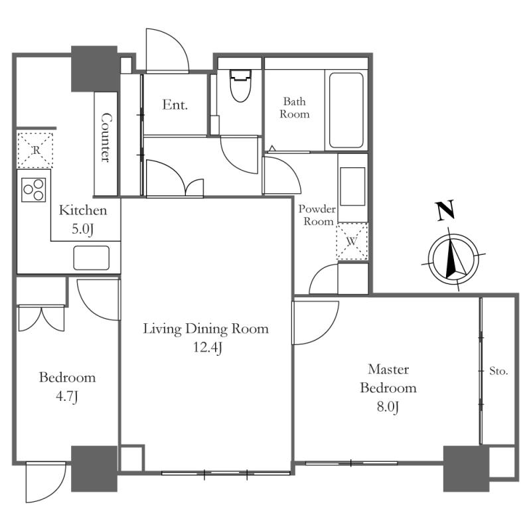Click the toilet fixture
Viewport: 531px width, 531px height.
coord(240,86)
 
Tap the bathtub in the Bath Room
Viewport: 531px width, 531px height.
coord(346,110)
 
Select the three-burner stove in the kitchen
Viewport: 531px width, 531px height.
coord(34,190)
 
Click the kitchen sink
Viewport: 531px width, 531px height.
coord(92,258)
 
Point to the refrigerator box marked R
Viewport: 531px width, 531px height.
coord(35,150)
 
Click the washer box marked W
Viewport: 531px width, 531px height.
coord(352,241)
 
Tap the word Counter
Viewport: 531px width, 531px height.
coord(106,137)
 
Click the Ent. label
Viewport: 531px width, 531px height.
coord(175,105)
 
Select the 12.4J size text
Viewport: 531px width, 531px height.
coord(208,347)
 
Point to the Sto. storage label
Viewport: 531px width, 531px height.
coord(498,371)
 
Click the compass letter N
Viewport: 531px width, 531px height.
coord(445,210)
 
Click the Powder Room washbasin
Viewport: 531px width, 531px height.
coord(352,187)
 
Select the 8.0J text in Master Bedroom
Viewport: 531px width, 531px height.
coord(388,406)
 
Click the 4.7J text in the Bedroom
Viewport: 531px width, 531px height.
coord(67,396)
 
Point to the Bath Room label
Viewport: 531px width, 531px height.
coord(294,108)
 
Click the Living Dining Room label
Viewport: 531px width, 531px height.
coord(206,329)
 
